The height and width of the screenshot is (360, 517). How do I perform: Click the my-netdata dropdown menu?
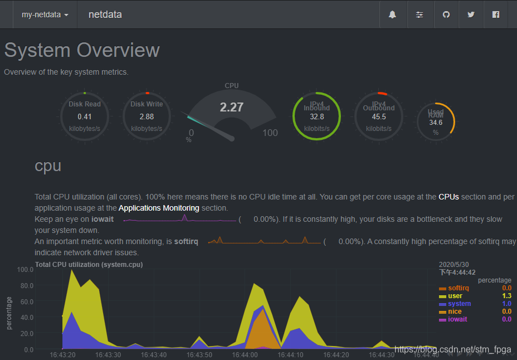tap(45, 14)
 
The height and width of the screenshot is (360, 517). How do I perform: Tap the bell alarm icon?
tap(392, 14)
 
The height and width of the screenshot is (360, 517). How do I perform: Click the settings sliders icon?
tap(420, 14)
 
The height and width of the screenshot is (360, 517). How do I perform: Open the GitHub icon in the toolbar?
tap(446, 14)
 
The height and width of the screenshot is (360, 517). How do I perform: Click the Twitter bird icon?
tap(471, 14)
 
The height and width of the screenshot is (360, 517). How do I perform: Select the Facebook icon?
tap(496, 14)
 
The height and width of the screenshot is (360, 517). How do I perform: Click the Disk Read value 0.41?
tap(85, 116)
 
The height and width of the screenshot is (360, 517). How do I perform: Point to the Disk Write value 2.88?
tap(147, 116)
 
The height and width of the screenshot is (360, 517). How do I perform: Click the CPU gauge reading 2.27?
tap(231, 107)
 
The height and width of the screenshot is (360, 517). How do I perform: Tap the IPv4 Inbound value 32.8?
tap(317, 116)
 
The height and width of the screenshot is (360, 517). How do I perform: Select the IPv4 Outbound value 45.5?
tap(379, 116)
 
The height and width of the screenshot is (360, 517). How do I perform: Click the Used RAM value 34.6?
tap(436, 122)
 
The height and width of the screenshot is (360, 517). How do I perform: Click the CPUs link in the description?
tap(449, 197)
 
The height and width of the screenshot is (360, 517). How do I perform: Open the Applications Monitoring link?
tap(159, 208)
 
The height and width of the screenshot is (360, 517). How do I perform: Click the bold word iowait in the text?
tap(103, 219)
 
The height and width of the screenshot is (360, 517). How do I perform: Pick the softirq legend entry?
tap(459, 288)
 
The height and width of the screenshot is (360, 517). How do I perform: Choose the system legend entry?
tap(459, 304)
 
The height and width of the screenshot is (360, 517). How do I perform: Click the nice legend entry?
tap(455, 312)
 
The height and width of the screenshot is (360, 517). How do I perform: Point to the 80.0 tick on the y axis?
tap(26, 285)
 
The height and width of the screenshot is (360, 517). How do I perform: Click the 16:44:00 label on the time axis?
tap(245, 354)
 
